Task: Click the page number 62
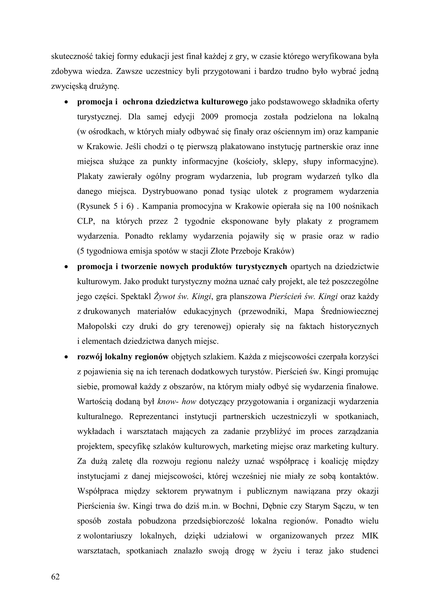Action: (56, 577)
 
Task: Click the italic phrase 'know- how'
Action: (177, 402)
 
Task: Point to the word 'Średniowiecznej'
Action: (350, 311)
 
